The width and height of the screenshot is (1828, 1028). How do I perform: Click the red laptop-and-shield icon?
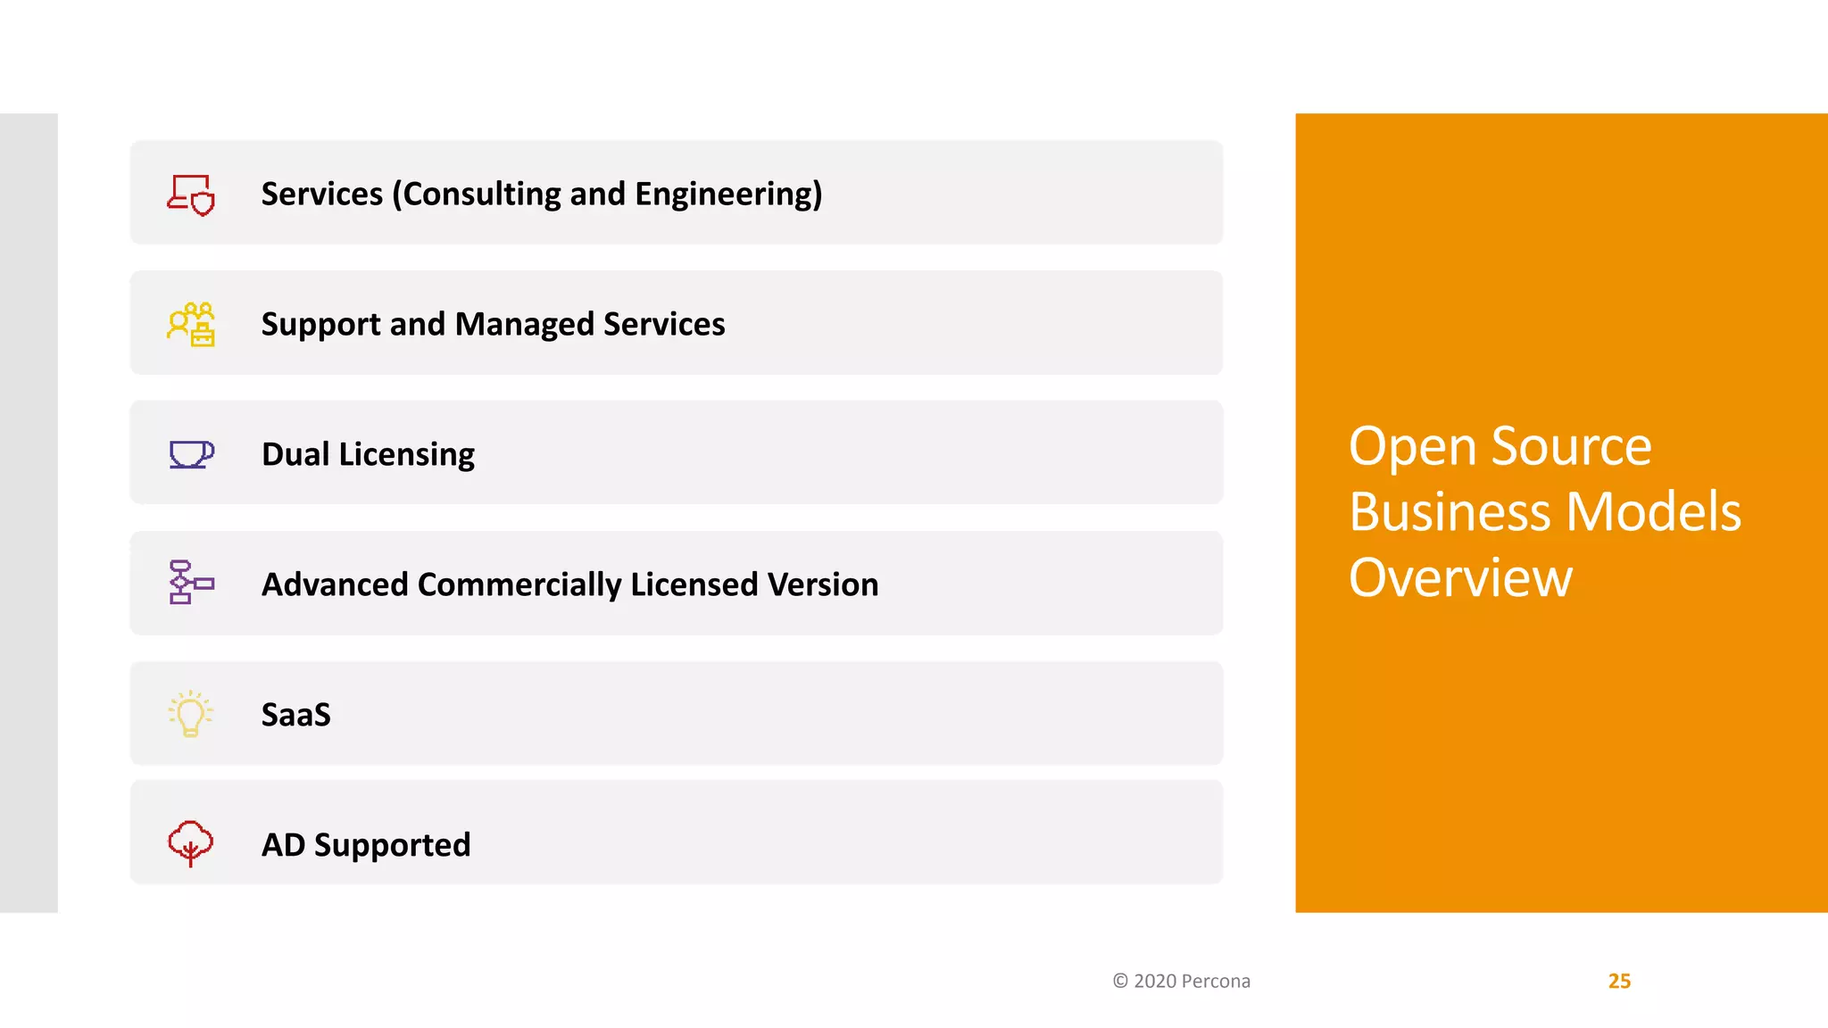(191, 195)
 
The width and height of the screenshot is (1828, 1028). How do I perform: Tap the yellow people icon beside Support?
(191, 325)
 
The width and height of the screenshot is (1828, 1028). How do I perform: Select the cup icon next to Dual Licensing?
(191, 454)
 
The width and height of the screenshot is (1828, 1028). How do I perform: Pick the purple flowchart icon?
(191, 583)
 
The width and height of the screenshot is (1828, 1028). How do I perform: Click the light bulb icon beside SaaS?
(191, 714)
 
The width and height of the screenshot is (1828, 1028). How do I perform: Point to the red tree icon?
(191, 843)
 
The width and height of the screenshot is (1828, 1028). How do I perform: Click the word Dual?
(295, 454)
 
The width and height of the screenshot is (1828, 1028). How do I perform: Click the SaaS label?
(296, 715)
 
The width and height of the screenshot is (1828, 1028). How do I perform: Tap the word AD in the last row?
(283, 845)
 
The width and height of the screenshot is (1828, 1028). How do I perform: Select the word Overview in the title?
(1460, 578)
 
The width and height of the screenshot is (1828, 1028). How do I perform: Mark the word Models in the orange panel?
(1653, 512)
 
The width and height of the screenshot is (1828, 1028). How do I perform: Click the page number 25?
(1619, 981)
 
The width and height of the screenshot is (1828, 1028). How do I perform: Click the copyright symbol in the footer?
(1120, 981)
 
